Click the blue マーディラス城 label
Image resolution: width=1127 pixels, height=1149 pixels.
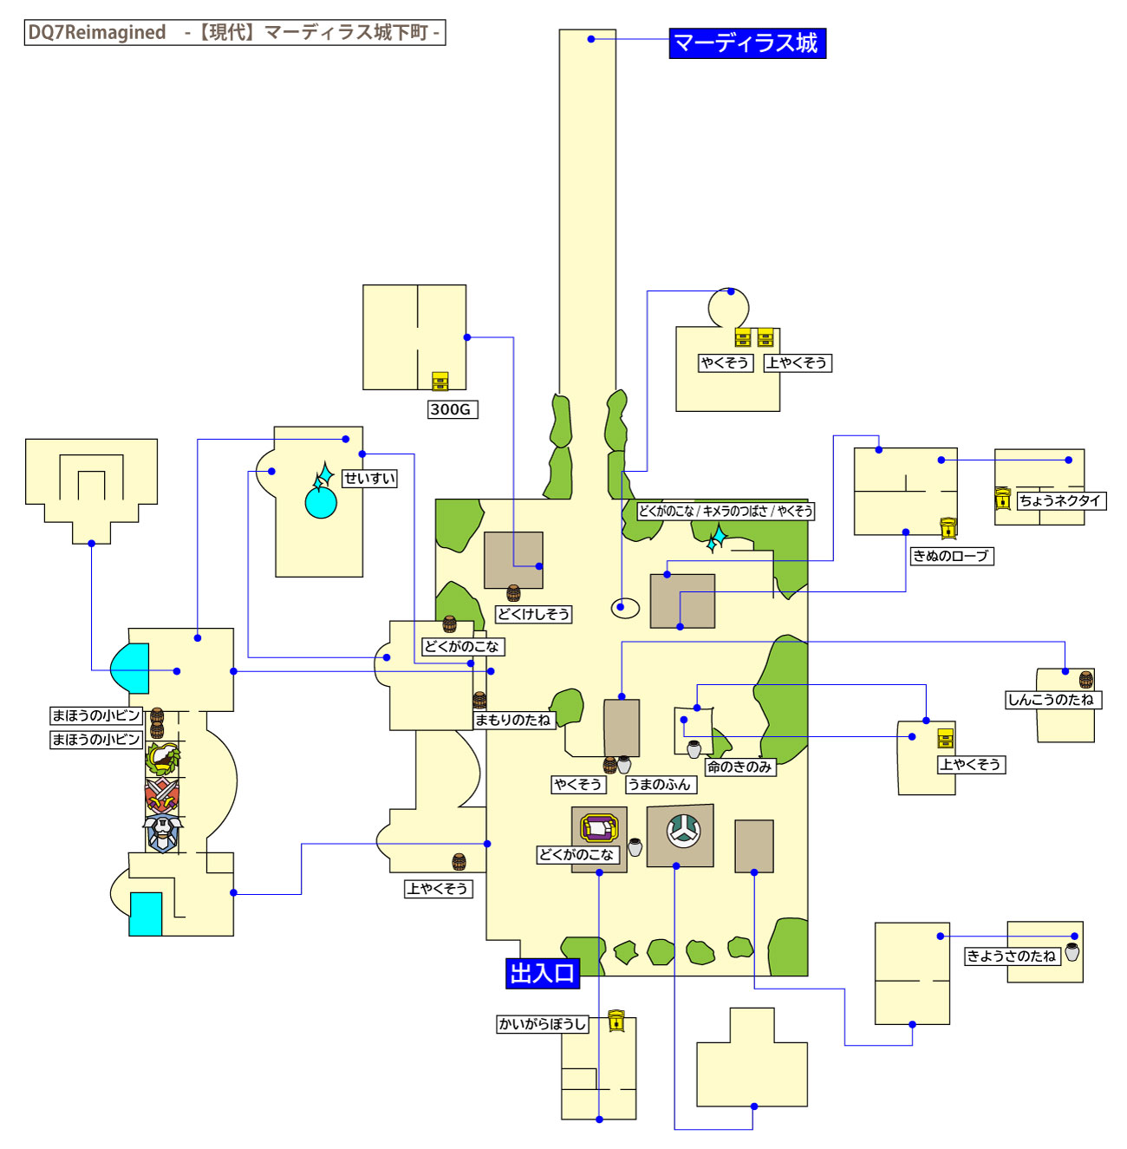pyautogui.click(x=746, y=43)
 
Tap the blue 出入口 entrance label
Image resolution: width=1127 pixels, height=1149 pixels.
pyautogui.click(x=542, y=973)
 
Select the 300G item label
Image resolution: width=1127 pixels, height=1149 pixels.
pyautogui.click(x=452, y=409)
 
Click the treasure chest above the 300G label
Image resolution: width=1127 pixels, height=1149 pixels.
pyautogui.click(x=440, y=382)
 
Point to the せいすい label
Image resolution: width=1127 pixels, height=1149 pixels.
pyautogui.click(x=369, y=479)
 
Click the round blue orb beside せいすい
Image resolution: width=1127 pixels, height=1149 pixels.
pyautogui.click(x=321, y=502)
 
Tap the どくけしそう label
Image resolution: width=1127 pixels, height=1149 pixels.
pyautogui.click(x=533, y=614)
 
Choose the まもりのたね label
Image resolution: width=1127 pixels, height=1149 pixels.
pyautogui.click(x=512, y=720)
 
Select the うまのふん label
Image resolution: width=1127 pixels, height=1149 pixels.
pyautogui.click(x=660, y=785)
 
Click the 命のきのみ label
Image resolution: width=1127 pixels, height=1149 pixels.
pyautogui.click(x=739, y=767)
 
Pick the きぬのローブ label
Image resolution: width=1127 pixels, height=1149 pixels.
pyautogui.click(x=950, y=556)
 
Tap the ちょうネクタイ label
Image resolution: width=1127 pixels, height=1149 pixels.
pyautogui.click(x=1060, y=500)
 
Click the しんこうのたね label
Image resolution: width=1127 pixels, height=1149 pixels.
pyautogui.click(x=1052, y=700)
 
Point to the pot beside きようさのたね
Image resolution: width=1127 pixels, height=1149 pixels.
pyautogui.click(x=1072, y=952)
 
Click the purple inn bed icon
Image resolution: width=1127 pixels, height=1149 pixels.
pyautogui.click(x=599, y=828)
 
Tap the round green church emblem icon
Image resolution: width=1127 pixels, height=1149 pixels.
pyautogui.click(x=683, y=831)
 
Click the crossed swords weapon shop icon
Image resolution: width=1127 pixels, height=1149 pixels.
pyautogui.click(x=161, y=793)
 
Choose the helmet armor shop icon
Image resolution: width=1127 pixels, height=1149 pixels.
pyautogui.click(x=162, y=833)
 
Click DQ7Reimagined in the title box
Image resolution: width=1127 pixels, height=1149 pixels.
pyautogui.click(x=97, y=33)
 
